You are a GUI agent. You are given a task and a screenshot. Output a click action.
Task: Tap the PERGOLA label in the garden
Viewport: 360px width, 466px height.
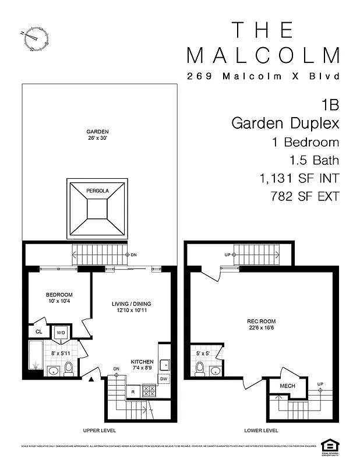coord(97,191)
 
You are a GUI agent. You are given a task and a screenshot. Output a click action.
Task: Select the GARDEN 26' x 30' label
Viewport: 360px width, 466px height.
coord(97,135)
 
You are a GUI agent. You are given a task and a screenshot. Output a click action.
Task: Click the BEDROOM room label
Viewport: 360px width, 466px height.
coord(59,298)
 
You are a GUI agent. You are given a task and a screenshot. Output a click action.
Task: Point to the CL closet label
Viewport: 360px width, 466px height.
coord(38,332)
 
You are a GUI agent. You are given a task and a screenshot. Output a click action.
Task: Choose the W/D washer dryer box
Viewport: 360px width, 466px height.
coord(61,333)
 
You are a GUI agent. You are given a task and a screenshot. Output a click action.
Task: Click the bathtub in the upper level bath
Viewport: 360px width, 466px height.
coord(36,358)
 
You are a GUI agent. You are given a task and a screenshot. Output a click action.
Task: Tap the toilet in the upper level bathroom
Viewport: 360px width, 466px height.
coord(68,369)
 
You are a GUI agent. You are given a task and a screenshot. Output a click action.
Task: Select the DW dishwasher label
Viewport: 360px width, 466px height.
coord(164,379)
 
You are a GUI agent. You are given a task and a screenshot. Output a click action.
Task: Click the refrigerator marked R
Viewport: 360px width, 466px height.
coord(132,392)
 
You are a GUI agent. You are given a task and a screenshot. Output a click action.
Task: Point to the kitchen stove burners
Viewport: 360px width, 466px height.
coord(149,391)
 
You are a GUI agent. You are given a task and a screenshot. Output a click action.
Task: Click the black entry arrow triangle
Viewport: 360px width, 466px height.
coord(91,380)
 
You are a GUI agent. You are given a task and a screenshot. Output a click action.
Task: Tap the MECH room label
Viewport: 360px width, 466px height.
coord(287,386)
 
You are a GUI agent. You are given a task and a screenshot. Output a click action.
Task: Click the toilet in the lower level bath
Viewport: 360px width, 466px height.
coord(200,368)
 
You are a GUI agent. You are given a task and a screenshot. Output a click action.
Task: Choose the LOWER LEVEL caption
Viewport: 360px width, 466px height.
coord(262,430)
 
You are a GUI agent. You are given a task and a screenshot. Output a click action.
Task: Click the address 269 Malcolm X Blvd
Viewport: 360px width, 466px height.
coord(263,76)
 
